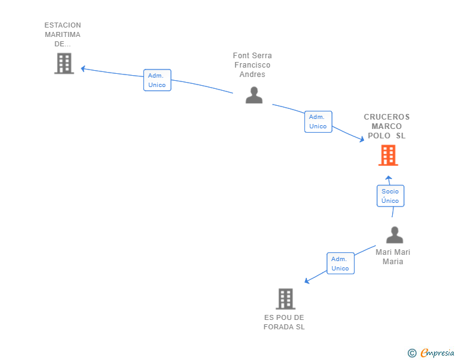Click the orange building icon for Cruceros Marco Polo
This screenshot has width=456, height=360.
[x=388, y=155]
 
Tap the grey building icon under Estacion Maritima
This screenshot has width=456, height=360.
[x=65, y=63]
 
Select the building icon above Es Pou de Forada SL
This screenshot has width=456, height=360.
[x=286, y=299]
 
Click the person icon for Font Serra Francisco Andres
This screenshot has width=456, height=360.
[x=254, y=95]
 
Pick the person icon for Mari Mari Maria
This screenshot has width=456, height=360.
[x=395, y=235]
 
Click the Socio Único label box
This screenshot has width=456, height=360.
[x=390, y=196]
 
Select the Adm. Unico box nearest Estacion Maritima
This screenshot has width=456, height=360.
[x=157, y=80]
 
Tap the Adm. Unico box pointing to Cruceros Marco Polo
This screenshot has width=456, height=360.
[x=318, y=121]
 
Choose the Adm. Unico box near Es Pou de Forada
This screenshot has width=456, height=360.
[x=341, y=263]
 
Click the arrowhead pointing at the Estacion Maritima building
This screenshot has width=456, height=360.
[x=83, y=69]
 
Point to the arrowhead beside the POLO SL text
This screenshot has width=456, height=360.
[x=362, y=139]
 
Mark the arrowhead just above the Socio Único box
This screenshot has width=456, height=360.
[x=388, y=178]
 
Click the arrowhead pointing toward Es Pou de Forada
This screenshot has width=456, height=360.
[x=306, y=280]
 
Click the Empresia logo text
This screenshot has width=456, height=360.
[x=437, y=352]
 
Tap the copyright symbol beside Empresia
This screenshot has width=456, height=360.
[x=412, y=353]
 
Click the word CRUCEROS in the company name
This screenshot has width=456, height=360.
[x=387, y=117]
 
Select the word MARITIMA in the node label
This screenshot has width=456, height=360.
[x=63, y=34]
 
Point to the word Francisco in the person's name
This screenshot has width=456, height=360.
[x=252, y=65]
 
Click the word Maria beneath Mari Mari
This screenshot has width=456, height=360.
[x=393, y=262]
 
